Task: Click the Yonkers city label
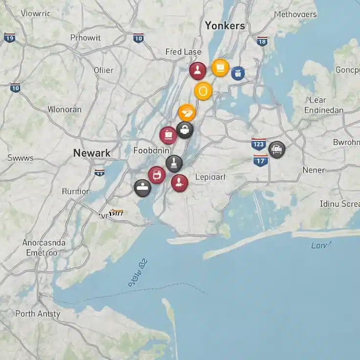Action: (x=225, y=25)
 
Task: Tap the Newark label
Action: (x=91, y=153)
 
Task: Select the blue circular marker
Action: (x=238, y=73)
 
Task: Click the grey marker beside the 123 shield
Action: (x=276, y=149)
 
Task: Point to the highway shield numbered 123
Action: (x=258, y=144)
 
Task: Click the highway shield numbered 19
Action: (x=9, y=38)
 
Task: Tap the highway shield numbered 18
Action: (x=262, y=41)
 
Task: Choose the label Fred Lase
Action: (x=183, y=52)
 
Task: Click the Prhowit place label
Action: (x=85, y=38)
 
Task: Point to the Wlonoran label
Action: (x=64, y=110)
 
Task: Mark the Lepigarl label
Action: (x=210, y=177)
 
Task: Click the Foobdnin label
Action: (x=152, y=151)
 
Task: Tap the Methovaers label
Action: (x=295, y=14)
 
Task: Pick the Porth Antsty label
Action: (x=38, y=314)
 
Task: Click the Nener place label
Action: (x=314, y=170)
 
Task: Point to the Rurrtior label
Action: (x=75, y=191)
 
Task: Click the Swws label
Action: (x=21, y=158)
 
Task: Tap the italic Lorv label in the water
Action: (x=321, y=245)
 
